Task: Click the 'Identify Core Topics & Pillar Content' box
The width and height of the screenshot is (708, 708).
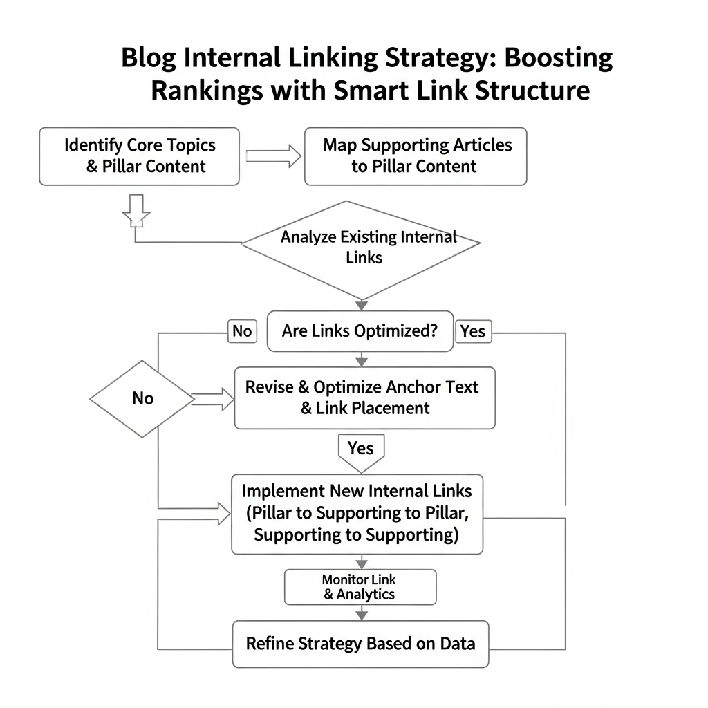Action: click(x=139, y=156)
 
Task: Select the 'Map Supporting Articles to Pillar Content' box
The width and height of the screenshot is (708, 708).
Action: click(x=416, y=156)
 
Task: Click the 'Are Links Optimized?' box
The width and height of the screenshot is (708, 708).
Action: click(x=360, y=330)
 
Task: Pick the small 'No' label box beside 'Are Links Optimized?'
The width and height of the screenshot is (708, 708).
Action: click(x=242, y=331)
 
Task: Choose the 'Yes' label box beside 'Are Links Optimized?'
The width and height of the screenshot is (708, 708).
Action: click(x=473, y=331)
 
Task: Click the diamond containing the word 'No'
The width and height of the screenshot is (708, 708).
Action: click(x=142, y=399)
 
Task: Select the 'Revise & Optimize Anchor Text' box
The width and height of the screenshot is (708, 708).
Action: click(x=364, y=398)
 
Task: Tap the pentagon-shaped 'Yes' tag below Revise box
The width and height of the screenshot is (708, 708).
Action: click(x=360, y=451)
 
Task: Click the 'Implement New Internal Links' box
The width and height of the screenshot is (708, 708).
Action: click(x=357, y=513)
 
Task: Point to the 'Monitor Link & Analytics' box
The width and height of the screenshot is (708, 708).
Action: click(x=360, y=587)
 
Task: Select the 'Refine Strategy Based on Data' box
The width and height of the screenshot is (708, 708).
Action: click(x=360, y=644)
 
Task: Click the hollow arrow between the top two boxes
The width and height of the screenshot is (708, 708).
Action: click(x=273, y=156)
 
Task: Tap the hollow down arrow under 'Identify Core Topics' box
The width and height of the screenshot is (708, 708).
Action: click(x=136, y=210)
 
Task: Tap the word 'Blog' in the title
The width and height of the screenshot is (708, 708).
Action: click(x=147, y=58)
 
